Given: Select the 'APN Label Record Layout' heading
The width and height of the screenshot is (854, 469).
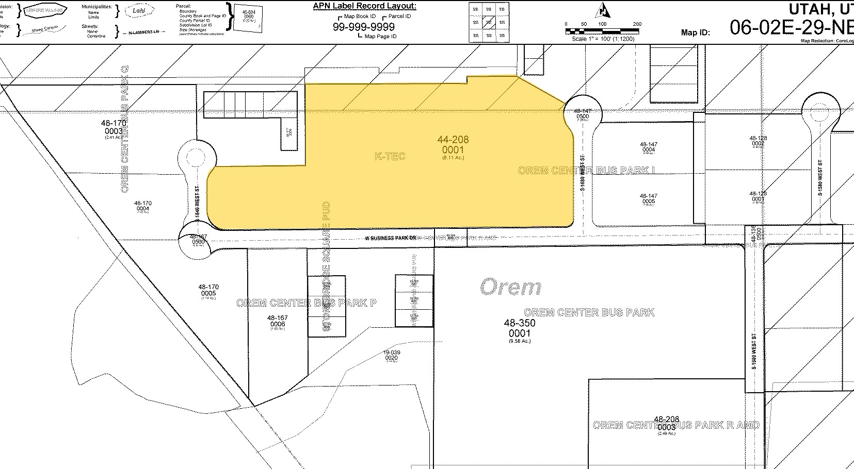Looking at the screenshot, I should pyautogui.click(x=364, y=6).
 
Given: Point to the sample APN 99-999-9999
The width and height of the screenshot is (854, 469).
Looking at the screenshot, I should pyautogui.click(x=364, y=27).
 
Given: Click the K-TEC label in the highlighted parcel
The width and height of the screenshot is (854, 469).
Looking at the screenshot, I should pyautogui.click(x=390, y=156).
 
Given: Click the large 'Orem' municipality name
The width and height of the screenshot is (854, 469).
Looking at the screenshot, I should pyautogui.click(x=510, y=287).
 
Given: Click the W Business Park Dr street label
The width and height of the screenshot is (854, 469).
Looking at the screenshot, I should pyautogui.click(x=391, y=238).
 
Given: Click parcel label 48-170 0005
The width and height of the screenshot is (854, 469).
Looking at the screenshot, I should pyautogui.click(x=208, y=290).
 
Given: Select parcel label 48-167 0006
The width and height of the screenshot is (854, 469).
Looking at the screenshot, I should pyautogui.click(x=277, y=321).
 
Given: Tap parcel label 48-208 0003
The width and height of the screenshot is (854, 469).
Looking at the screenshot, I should pyautogui.click(x=666, y=424).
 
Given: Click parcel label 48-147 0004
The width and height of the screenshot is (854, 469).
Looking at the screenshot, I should pyautogui.click(x=649, y=147).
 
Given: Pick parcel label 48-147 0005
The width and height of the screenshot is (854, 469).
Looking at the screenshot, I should pyautogui.click(x=649, y=198).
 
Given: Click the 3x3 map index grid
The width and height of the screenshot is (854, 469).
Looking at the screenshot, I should pyautogui.click(x=488, y=22).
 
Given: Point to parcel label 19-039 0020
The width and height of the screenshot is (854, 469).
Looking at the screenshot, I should pyautogui.click(x=392, y=355).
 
